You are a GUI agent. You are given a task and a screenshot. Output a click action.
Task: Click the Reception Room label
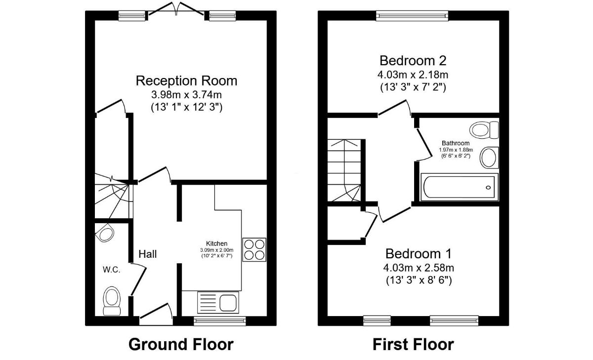186,80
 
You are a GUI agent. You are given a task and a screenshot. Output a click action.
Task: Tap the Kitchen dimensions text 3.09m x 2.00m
217,250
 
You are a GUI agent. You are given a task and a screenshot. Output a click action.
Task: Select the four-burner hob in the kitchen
254,250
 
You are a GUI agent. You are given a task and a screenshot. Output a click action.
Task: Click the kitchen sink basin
228,303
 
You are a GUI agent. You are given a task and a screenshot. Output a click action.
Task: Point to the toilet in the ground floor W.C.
112,301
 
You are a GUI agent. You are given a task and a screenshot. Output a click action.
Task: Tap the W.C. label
112,270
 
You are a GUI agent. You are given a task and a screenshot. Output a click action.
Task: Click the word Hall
148,254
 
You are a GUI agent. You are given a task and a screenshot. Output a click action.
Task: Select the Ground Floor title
181,344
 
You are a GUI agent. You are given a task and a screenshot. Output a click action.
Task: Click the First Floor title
413,344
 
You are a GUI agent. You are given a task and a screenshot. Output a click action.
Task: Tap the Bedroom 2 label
413,61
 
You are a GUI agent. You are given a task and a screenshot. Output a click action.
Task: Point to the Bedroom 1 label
419,254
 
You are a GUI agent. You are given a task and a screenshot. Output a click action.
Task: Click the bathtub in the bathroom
459,187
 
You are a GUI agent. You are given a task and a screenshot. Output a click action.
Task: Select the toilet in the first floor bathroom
484,130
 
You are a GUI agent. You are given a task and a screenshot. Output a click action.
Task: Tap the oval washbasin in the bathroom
489,158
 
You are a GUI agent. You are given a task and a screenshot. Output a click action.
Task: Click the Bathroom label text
456,143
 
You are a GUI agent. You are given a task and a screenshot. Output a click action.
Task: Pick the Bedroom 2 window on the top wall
412,16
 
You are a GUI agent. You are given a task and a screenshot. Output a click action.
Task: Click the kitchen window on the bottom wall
220,321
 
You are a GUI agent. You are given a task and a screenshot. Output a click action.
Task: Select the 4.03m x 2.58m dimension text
419,268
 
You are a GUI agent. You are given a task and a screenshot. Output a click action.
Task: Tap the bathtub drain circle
488,188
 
